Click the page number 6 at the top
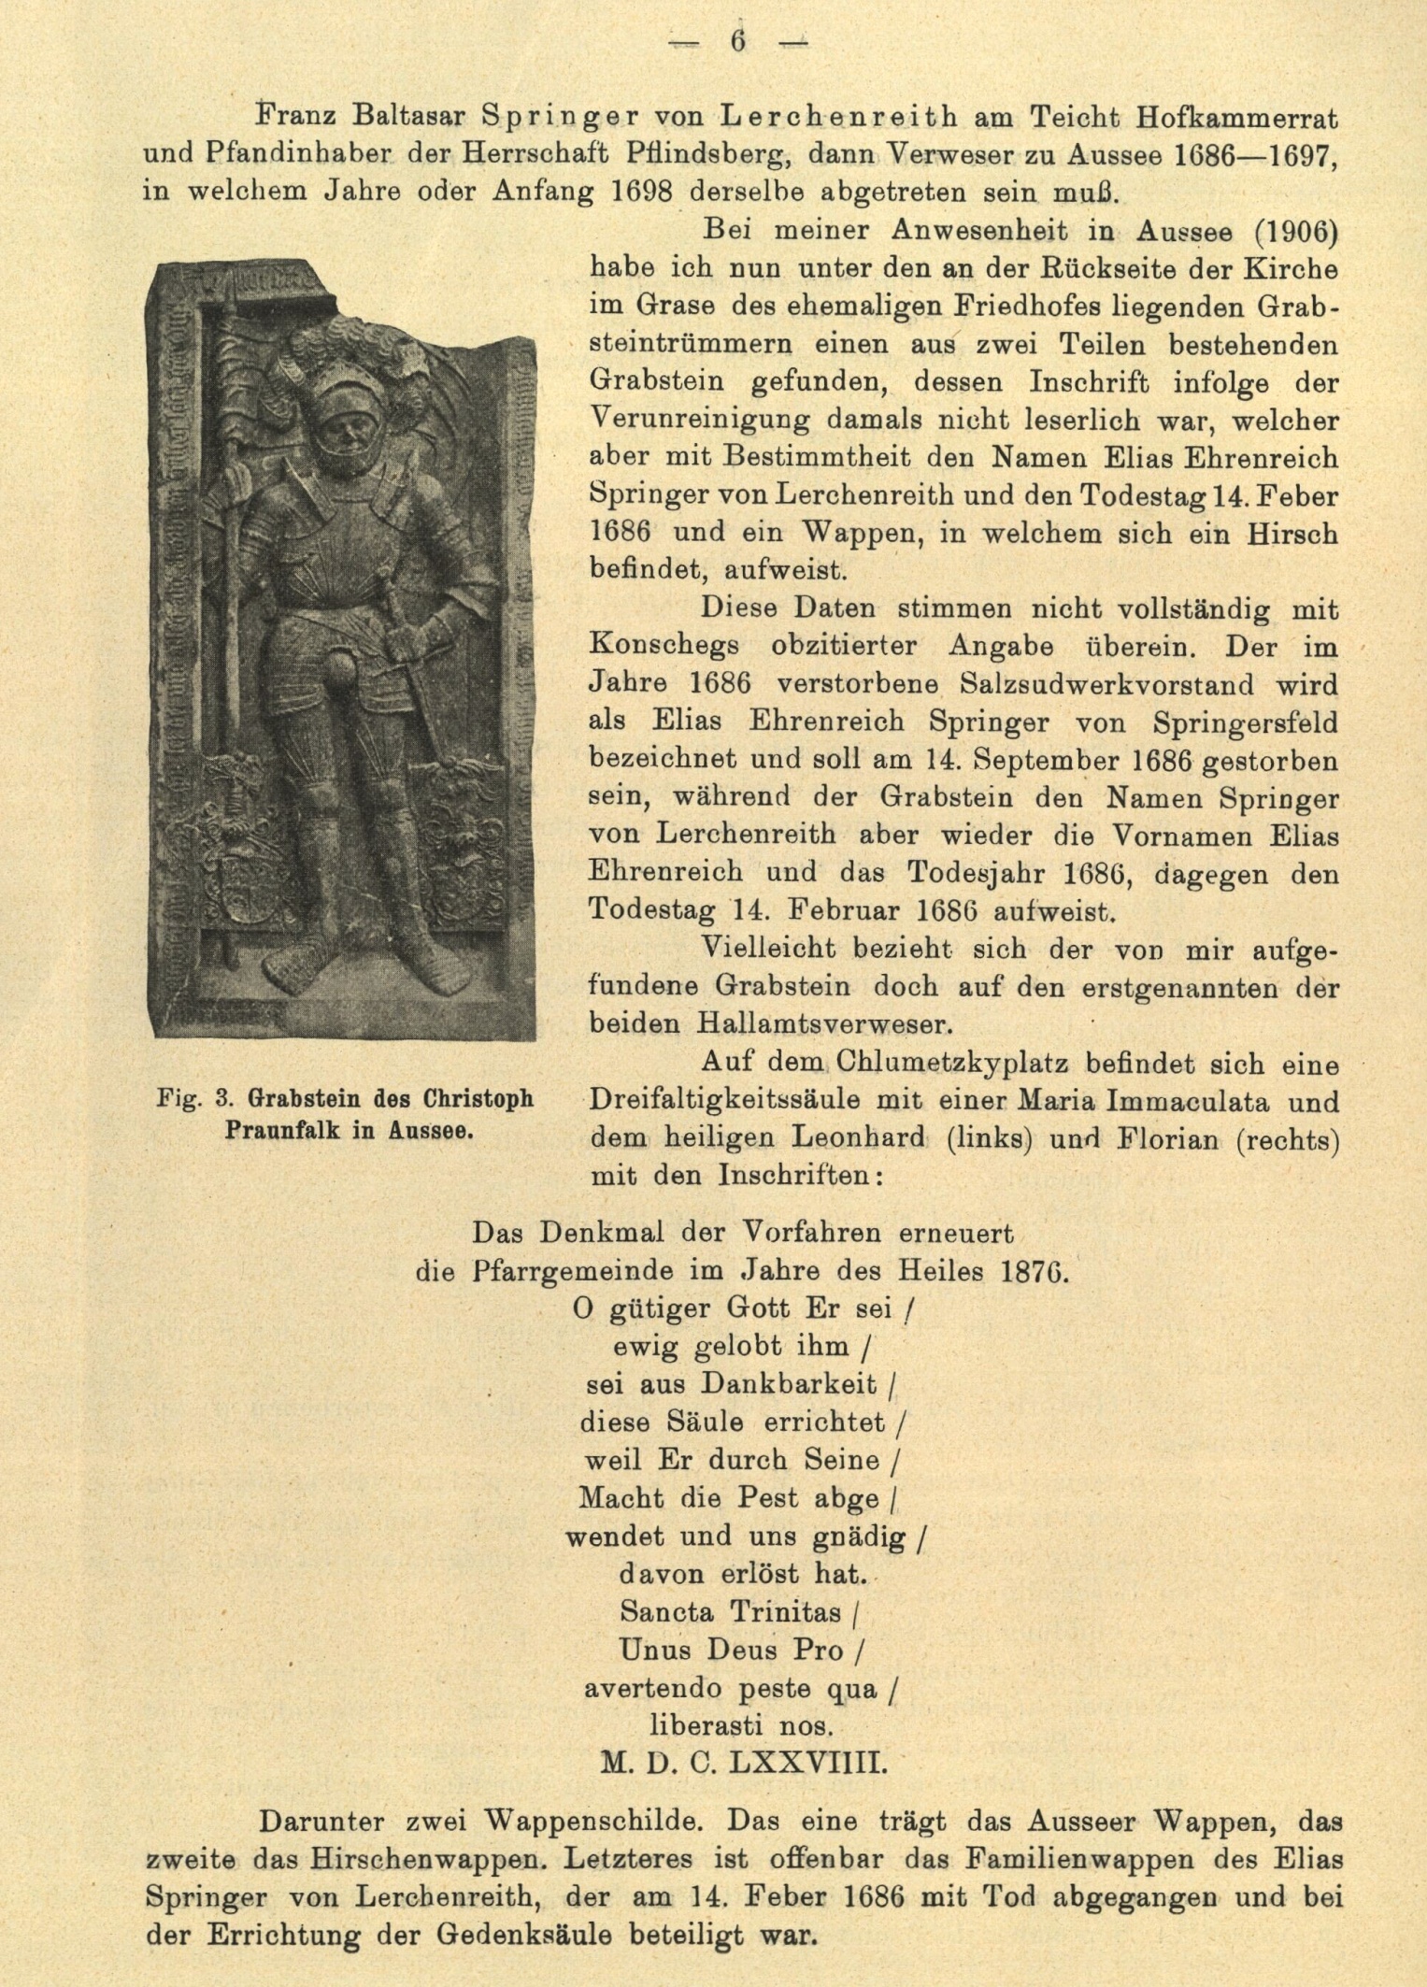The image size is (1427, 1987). (738, 42)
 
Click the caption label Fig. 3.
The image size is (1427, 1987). (191, 1098)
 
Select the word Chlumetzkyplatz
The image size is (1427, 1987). (944, 1064)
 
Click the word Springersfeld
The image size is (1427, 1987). (1246, 722)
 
